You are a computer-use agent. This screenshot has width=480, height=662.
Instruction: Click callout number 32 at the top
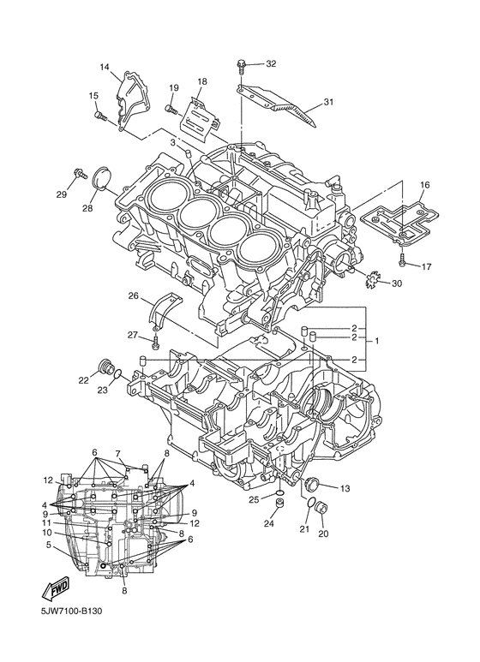point(271,64)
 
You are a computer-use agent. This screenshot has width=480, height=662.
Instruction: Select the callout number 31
point(327,104)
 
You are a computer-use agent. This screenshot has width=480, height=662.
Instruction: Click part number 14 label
point(105,67)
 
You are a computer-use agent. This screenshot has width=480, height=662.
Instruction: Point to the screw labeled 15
point(101,112)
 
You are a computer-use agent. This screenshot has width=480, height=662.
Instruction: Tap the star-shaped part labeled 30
point(372,279)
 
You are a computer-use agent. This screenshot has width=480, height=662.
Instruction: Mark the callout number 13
point(345,488)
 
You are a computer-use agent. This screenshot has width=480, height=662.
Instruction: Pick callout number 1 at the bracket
point(378,340)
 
